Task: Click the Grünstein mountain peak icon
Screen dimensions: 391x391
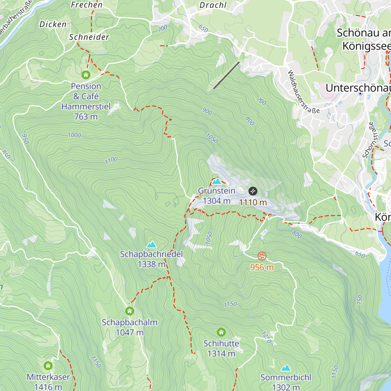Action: [217, 181]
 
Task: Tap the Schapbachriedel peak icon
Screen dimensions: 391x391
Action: [151, 244]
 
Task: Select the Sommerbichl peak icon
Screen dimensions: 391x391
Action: [286, 368]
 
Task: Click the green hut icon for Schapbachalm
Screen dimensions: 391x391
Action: [130, 311]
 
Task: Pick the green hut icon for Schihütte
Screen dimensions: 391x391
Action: [221, 332]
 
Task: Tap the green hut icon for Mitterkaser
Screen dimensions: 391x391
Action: [48, 366]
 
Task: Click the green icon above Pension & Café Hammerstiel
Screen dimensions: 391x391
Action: [86, 75]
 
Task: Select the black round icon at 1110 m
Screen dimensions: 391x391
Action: [253, 191]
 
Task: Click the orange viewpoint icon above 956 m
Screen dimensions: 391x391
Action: [262, 256]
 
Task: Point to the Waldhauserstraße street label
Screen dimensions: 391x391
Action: [303, 92]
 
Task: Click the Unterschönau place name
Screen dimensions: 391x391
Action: [358, 88]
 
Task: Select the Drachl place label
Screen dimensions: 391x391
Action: [213, 5]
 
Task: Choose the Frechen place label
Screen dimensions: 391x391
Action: [87, 5]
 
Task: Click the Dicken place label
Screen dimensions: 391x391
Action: [53, 24]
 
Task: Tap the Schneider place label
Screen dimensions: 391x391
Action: [89, 37]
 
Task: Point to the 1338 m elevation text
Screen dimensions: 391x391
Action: [152, 264]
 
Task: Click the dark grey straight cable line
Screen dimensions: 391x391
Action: [226, 75]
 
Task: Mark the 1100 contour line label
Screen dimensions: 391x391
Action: [111, 160]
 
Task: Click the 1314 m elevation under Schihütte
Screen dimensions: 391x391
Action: [221, 354]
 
